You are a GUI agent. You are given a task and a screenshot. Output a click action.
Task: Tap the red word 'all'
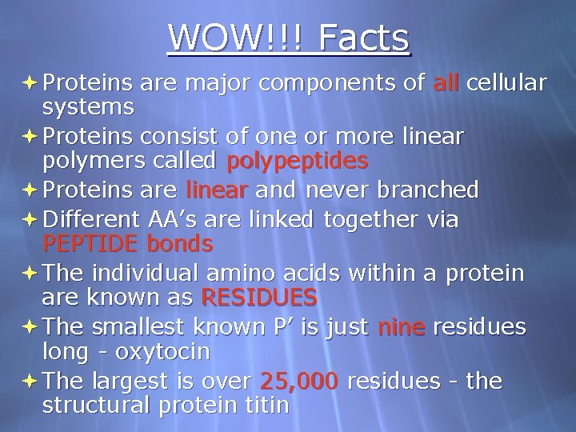446,82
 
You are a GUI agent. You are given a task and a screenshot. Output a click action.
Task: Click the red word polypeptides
298,162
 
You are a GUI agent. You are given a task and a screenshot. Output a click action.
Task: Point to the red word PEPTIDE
90,243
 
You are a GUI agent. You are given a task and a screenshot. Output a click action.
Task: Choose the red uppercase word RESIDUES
259,298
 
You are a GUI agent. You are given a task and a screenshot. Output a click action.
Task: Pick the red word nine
401,327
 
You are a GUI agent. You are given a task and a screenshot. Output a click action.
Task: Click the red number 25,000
299,382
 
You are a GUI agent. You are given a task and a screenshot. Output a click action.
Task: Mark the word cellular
506,82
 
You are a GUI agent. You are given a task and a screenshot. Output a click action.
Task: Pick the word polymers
90,162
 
